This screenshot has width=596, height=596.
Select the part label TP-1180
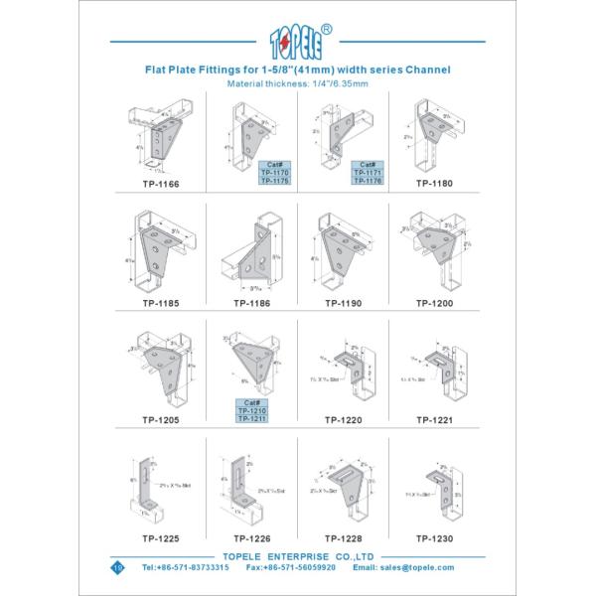tap(434, 184)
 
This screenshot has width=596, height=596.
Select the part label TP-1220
tap(342, 420)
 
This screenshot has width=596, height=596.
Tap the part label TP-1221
tap(434, 420)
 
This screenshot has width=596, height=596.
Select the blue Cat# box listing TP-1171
tap(366, 172)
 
